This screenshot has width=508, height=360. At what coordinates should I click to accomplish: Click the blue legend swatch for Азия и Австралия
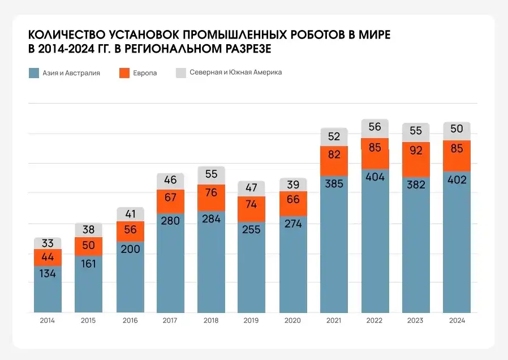[34, 73]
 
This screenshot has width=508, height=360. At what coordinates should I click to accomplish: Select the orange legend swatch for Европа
[125, 73]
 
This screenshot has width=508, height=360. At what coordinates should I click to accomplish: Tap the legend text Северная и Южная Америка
[235, 72]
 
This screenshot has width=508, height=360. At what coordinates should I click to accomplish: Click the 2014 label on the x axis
[48, 320]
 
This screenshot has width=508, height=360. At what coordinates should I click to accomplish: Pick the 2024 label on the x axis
[457, 320]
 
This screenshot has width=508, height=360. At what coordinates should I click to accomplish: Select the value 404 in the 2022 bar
[375, 177]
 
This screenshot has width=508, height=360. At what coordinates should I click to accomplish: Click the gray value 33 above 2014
[48, 244]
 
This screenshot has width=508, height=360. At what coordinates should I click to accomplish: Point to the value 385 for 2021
[334, 183]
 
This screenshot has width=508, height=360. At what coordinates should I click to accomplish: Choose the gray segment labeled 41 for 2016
[130, 215]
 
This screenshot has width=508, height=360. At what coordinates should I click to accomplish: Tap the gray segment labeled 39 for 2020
[293, 185]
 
